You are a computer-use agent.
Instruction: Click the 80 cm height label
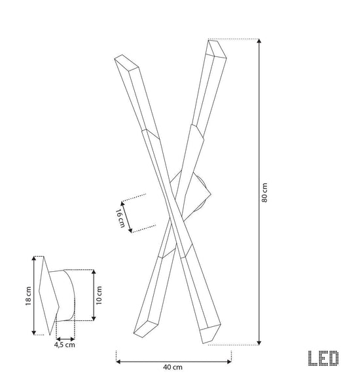[264, 193]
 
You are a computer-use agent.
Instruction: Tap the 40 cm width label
[173, 367]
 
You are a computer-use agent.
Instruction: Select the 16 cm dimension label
[120, 218]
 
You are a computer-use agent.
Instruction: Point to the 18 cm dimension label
[28, 296]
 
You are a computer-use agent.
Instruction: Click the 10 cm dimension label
[99, 295]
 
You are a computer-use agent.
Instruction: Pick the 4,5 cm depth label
[65, 345]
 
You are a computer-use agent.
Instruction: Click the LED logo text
[323, 358]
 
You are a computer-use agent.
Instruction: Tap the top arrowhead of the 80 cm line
[259, 41]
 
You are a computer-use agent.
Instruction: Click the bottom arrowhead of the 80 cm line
[259, 343]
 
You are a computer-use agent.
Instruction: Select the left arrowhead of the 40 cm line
[118, 362]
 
